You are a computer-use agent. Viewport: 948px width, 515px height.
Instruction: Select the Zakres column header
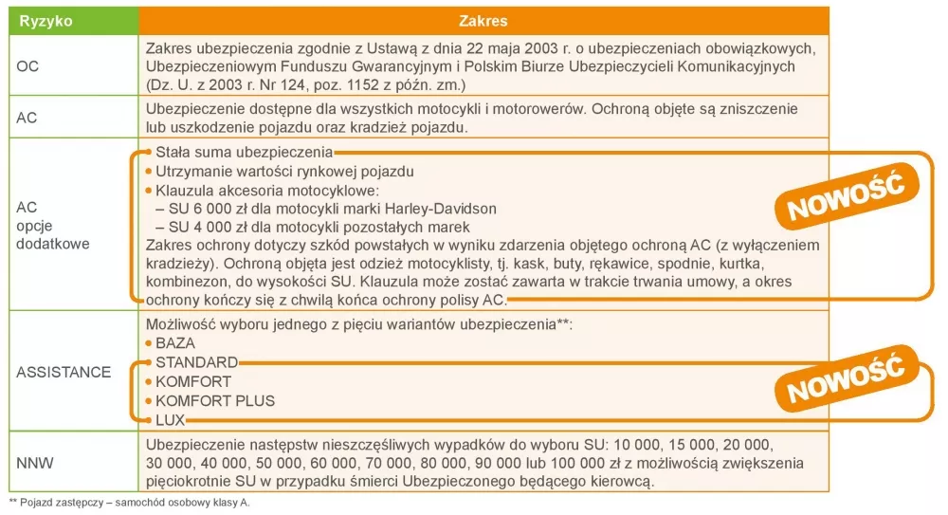[x=483, y=21]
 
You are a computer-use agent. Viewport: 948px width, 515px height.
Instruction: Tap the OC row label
[x=27, y=67]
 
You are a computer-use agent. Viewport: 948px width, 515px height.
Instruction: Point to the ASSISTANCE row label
[x=64, y=372]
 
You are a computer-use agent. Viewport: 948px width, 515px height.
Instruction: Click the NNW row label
[x=35, y=463]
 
